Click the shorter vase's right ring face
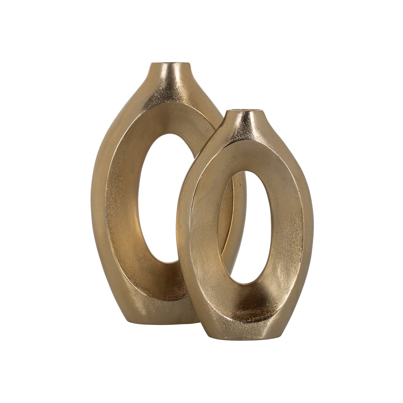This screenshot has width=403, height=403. click(288, 227)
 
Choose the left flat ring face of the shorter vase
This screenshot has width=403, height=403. click(201, 227)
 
